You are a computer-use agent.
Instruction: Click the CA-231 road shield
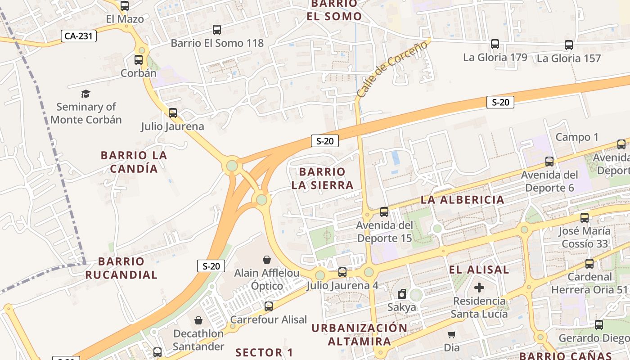tap(79, 36)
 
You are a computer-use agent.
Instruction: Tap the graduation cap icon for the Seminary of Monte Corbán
tap(85, 94)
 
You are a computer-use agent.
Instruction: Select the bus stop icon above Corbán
tap(139, 60)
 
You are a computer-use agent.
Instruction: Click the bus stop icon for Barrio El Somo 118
tap(217, 30)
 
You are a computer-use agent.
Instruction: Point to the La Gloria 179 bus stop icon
tap(495, 44)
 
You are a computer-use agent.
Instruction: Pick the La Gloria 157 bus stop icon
tap(569, 45)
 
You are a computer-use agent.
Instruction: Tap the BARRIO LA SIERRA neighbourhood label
tap(322, 179)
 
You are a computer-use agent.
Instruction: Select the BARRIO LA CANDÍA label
tap(134, 162)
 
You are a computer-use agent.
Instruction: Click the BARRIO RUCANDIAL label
tap(121, 268)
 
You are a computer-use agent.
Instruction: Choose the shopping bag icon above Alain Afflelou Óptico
tap(267, 260)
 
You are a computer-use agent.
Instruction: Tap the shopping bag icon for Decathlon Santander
tap(198, 320)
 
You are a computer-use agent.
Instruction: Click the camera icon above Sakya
tap(402, 294)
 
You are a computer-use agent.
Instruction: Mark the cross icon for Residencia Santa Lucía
tap(479, 287)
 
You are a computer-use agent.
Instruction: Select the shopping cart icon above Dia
tap(451, 334)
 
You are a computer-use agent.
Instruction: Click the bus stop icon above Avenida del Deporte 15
tap(384, 211)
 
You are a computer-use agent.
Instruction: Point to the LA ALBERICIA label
tap(463, 200)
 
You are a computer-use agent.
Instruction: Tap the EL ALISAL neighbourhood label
tap(479, 270)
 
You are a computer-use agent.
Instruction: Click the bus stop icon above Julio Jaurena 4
tap(342, 272)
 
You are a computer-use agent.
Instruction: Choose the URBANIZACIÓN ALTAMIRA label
tap(360, 334)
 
